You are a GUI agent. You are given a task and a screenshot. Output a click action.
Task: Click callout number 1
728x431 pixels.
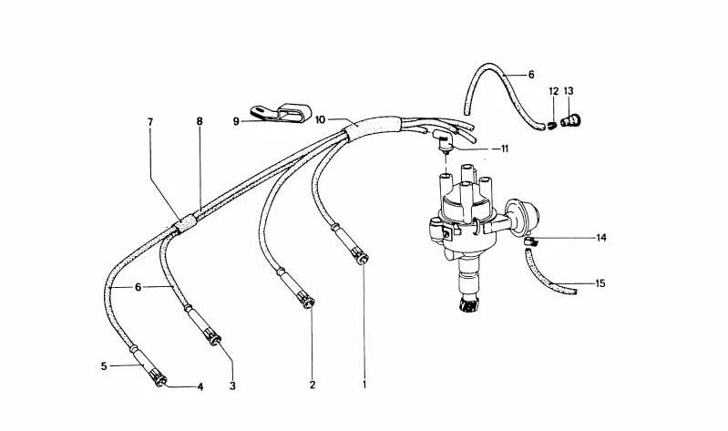point(364,385)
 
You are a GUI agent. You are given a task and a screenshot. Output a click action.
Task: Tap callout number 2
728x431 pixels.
point(313,385)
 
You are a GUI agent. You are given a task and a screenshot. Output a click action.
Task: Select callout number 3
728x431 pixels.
point(232,386)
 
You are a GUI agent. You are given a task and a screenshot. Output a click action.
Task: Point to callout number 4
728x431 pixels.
point(200,386)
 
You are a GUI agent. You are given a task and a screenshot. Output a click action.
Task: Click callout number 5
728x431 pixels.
point(104,366)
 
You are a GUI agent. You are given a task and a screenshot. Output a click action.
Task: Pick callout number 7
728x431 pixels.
point(150,122)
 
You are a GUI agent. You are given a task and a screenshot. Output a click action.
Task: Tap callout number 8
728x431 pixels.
point(200,122)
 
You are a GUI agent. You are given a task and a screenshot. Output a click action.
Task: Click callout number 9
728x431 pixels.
point(236,122)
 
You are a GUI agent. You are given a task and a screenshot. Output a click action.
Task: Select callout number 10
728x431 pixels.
point(321,120)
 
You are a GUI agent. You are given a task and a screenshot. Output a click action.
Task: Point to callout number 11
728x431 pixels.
point(505,149)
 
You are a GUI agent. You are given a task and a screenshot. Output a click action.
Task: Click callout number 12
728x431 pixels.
point(553,91)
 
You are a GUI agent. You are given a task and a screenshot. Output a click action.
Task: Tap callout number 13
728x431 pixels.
point(569,91)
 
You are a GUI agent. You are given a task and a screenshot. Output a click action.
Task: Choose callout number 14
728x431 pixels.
point(601,238)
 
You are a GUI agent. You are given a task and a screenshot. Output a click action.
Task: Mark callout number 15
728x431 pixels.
point(600,283)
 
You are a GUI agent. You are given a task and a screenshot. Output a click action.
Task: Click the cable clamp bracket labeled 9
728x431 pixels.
point(281,113)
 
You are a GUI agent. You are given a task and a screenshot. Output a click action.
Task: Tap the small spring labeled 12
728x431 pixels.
point(551,126)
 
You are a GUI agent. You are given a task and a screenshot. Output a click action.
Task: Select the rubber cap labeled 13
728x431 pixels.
point(570,121)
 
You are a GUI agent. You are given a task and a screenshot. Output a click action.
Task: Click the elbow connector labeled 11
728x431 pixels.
point(444,141)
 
